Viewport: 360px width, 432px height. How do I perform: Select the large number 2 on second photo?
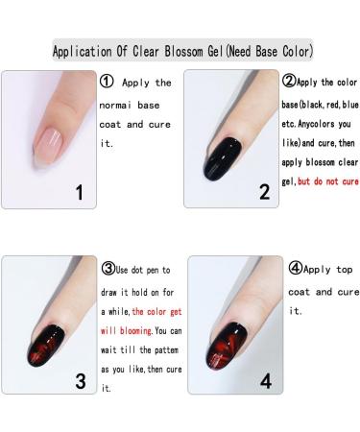[262, 191]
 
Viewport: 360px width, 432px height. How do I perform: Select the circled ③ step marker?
[107, 270]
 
